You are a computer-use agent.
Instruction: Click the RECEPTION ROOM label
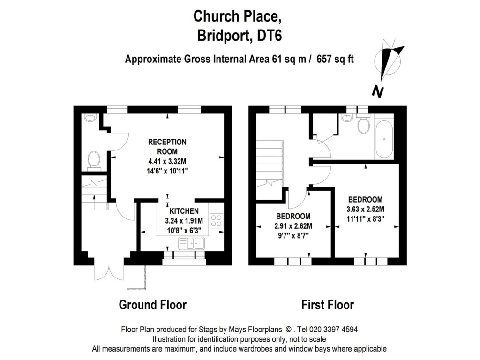tap(167, 146)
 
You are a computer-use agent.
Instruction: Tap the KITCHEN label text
tap(184, 211)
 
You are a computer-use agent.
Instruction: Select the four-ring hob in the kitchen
tap(217, 220)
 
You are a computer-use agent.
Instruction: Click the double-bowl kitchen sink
tap(191, 242)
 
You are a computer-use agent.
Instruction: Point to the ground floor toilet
tap(94, 159)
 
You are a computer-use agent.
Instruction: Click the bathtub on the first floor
tap(384, 139)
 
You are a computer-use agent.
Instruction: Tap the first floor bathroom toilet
tap(364, 125)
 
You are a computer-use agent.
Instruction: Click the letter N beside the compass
tap(378, 92)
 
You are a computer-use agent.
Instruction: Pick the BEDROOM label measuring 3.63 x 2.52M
tap(365, 199)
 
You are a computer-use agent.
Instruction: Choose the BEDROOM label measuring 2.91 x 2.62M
tap(293, 216)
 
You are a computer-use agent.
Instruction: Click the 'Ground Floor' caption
tap(152, 305)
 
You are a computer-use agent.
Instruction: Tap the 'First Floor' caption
tap(327, 305)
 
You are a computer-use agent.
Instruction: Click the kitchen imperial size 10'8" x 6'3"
tap(184, 230)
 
